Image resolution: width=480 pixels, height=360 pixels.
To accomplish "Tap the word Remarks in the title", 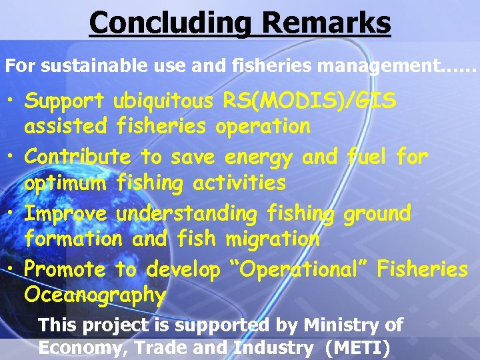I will coord(327,23).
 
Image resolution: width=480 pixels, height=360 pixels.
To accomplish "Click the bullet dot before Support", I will coord(13,102).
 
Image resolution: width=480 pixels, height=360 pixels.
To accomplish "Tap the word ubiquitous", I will coord(163,101).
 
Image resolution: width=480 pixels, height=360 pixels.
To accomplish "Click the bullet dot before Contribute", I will coord(13,158).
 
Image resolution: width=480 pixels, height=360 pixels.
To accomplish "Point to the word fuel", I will coord(367,157).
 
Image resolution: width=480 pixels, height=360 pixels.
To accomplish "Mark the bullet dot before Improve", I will coord(13,214).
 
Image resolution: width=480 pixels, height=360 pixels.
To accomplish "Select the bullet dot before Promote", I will coord(13,270).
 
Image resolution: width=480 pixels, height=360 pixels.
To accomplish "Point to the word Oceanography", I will coord(95,294).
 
